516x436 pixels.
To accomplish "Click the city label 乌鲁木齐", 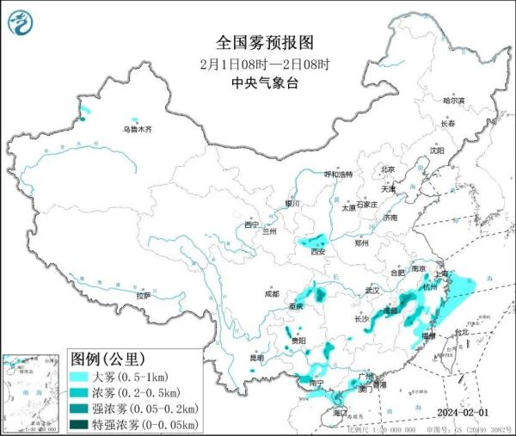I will [136, 130].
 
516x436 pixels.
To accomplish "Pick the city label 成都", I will [272, 293].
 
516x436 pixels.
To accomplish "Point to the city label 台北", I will [462, 332].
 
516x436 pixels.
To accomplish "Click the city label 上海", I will [442, 274].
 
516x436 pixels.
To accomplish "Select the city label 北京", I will [388, 169].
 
